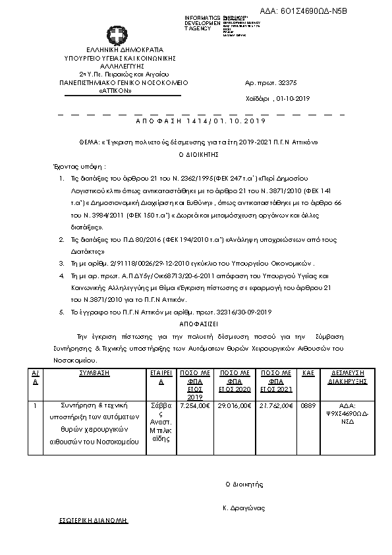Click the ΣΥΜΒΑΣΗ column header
pyautogui.click(x=94, y=373)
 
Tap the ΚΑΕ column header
pyautogui.click(x=308, y=373)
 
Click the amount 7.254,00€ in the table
pyautogui.click(x=194, y=405)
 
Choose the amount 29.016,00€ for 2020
pyautogui.click(x=235, y=405)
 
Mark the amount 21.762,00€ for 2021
pyautogui.click(x=276, y=405)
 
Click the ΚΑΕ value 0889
pyautogui.click(x=308, y=405)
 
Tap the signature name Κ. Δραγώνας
pyautogui.click(x=243, y=508)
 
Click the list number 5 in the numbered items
pyautogui.click(x=61, y=311)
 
